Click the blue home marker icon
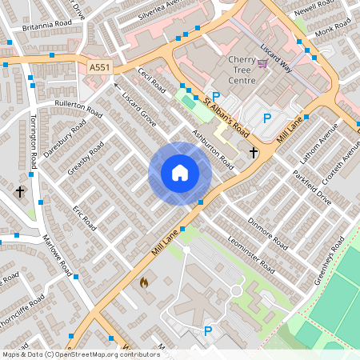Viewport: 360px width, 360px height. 180,173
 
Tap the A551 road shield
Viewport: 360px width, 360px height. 99,68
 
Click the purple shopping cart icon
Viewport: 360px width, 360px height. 262,62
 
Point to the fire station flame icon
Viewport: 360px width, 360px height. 144,282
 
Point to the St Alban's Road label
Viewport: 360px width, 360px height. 226,117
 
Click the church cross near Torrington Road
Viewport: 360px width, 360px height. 20,192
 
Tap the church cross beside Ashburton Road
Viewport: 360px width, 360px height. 254,152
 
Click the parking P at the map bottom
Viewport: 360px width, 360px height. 209,330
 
